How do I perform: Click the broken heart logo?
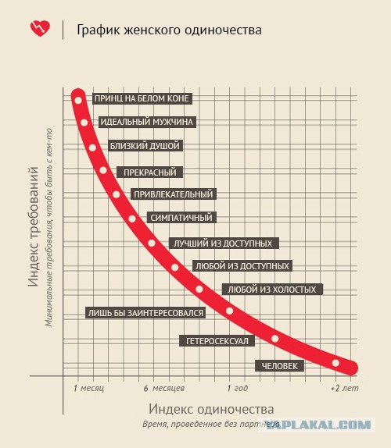coord(39,28)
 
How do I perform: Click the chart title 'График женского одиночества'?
coord(169,30)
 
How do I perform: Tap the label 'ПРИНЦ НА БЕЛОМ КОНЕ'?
coord(142,98)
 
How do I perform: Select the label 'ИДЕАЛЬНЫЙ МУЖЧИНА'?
coord(146,123)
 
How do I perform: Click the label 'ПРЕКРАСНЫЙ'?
coord(149,172)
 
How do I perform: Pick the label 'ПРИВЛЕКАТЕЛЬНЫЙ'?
coord(173,194)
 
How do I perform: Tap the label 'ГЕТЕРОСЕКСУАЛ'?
coord(216,341)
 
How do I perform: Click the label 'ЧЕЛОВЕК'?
coord(277,365)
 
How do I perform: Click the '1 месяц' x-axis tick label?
coord(88,388)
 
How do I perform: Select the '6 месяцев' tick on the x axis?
coord(164,388)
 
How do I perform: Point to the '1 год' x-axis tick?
coord(238,388)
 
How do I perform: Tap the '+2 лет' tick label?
coord(345,388)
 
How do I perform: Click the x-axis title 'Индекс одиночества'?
coord(211,409)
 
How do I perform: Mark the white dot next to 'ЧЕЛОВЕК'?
coord(336,363)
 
